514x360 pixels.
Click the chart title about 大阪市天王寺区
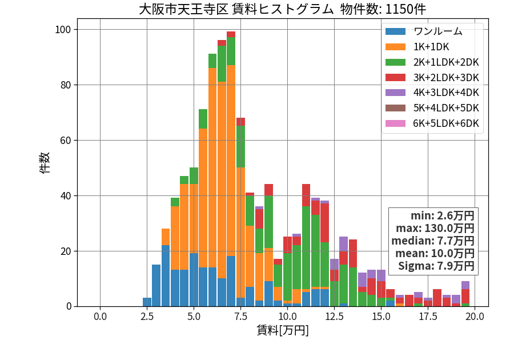(282, 9)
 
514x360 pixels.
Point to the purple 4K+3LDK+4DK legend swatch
(395, 93)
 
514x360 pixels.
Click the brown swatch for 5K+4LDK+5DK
(395, 108)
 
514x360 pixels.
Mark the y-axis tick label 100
(63, 30)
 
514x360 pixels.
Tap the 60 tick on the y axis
(66, 141)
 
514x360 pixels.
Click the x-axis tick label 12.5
(334, 317)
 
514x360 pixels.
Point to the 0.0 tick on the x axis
(101, 317)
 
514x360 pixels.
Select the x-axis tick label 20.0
(475, 317)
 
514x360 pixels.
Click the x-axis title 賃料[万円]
(283, 330)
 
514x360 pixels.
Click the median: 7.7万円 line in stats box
(433, 241)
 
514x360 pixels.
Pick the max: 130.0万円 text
(435, 228)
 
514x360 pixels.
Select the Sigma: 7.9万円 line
(436, 266)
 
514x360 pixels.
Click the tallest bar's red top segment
(231, 34)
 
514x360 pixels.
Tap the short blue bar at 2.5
(147, 302)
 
